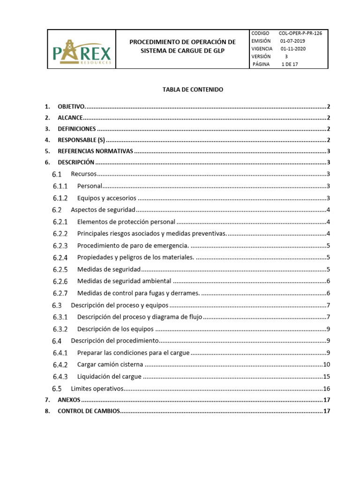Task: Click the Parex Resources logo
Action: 82,50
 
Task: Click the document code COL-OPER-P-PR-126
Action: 300,33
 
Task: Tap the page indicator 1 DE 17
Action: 289,64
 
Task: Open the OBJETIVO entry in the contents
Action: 70,106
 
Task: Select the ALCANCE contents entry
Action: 70,118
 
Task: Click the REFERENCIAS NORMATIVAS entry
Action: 96,151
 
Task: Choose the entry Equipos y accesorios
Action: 106,198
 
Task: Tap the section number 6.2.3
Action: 60,246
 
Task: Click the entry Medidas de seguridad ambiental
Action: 124,281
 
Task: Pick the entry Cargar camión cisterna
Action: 110,365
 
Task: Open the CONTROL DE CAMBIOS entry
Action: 89,412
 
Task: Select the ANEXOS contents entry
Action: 69,400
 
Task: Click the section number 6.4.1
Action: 60,352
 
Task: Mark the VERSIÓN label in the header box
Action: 261,56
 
